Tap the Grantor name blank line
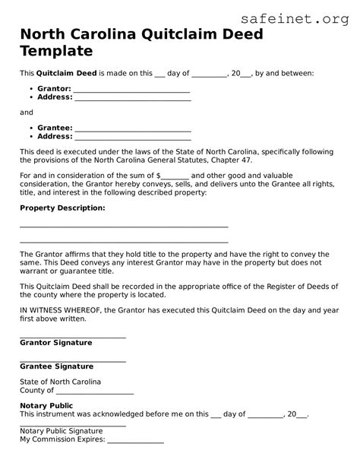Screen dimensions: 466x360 131,90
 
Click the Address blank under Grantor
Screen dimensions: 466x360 132,99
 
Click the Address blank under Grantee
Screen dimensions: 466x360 132,138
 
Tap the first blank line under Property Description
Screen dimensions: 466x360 124,227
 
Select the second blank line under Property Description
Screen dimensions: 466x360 124,243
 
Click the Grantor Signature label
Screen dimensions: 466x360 55,343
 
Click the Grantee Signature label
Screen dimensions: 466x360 56,366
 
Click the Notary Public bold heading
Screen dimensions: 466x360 46,406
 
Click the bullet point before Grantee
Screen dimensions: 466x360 30,128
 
